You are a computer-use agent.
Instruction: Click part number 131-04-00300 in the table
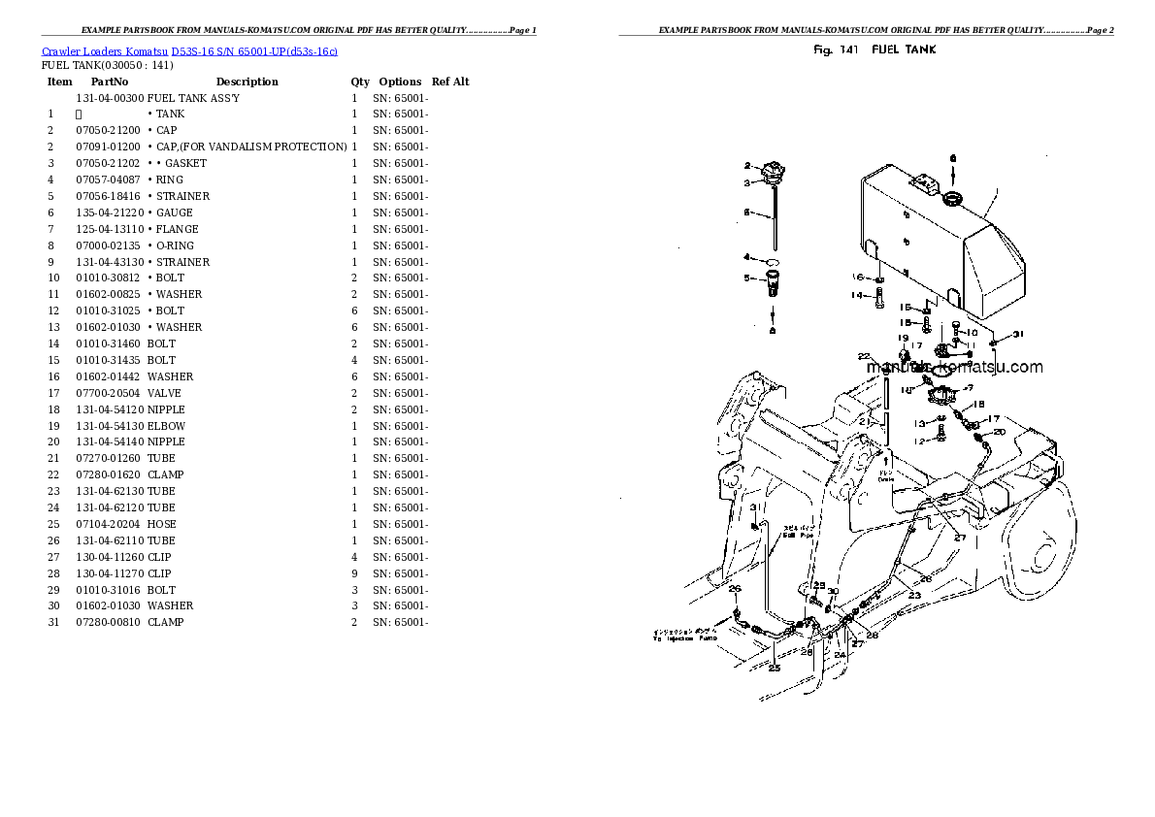[x=110, y=98]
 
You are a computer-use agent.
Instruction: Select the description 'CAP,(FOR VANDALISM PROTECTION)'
[x=247, y=147]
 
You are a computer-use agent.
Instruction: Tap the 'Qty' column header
[x=360, y=82]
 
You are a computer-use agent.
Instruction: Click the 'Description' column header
[x=247, y=82]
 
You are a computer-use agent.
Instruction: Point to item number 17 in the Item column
[x=53, y=393]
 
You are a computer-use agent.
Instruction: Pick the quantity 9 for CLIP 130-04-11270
[x=354, y=573]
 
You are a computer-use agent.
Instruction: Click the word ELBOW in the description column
[x=166, y=426]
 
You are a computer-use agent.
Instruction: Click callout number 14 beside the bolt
[x=856, y=295]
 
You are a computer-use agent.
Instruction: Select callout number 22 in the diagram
[x=864, y=357]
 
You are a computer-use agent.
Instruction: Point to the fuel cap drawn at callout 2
[x=774, y=174]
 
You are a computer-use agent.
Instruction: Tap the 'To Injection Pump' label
[x=684, y=637]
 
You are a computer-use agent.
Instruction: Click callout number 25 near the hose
[x=775, y=668]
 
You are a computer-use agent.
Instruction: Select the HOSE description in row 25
[x=161, y=524]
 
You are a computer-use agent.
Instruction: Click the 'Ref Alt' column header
[x=450, y=82]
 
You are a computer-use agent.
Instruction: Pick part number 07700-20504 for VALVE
[x=110, y=393]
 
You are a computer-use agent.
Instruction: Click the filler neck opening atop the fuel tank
[x=952, y=200]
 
